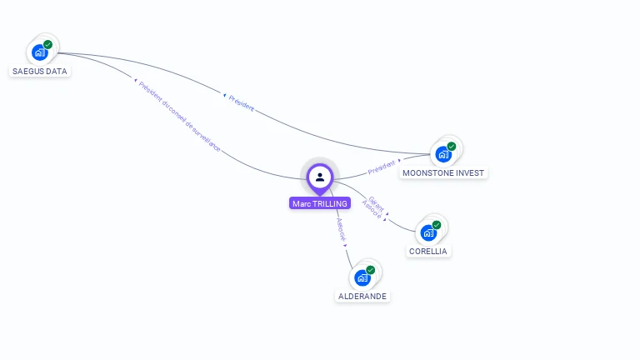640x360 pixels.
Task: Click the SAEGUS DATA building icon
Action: click(x=39, y=52)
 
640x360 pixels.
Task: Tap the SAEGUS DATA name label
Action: click(x=40, y=72)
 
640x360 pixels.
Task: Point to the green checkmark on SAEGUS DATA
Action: click(x=48, y=44)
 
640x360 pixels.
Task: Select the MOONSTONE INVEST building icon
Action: click(x=442, y=154)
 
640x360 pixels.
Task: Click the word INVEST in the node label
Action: click(x=470, y=173)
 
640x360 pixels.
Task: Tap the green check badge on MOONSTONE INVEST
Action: click(x=452, y=146)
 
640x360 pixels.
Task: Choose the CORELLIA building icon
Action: click(x=427, y=232)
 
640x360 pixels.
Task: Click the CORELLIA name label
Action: click(x=428, y=252)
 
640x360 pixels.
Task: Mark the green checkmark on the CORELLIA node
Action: click(x=437, y=225)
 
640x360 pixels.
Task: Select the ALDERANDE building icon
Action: click(x=362, y=277)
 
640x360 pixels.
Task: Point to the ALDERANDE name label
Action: click(x=363, y=297)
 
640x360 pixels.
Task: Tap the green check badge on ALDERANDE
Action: click(x=371, y=270)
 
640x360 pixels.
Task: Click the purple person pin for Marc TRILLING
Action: click(x=320, y=177)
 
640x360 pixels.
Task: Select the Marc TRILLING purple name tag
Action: click(x=320, y=203)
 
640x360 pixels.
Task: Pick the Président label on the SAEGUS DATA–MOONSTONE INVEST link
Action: click(x=240, y=102)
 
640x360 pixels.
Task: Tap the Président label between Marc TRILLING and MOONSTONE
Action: click(x=382, y=167)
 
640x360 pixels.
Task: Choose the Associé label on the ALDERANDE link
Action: click(x=340, y=230)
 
